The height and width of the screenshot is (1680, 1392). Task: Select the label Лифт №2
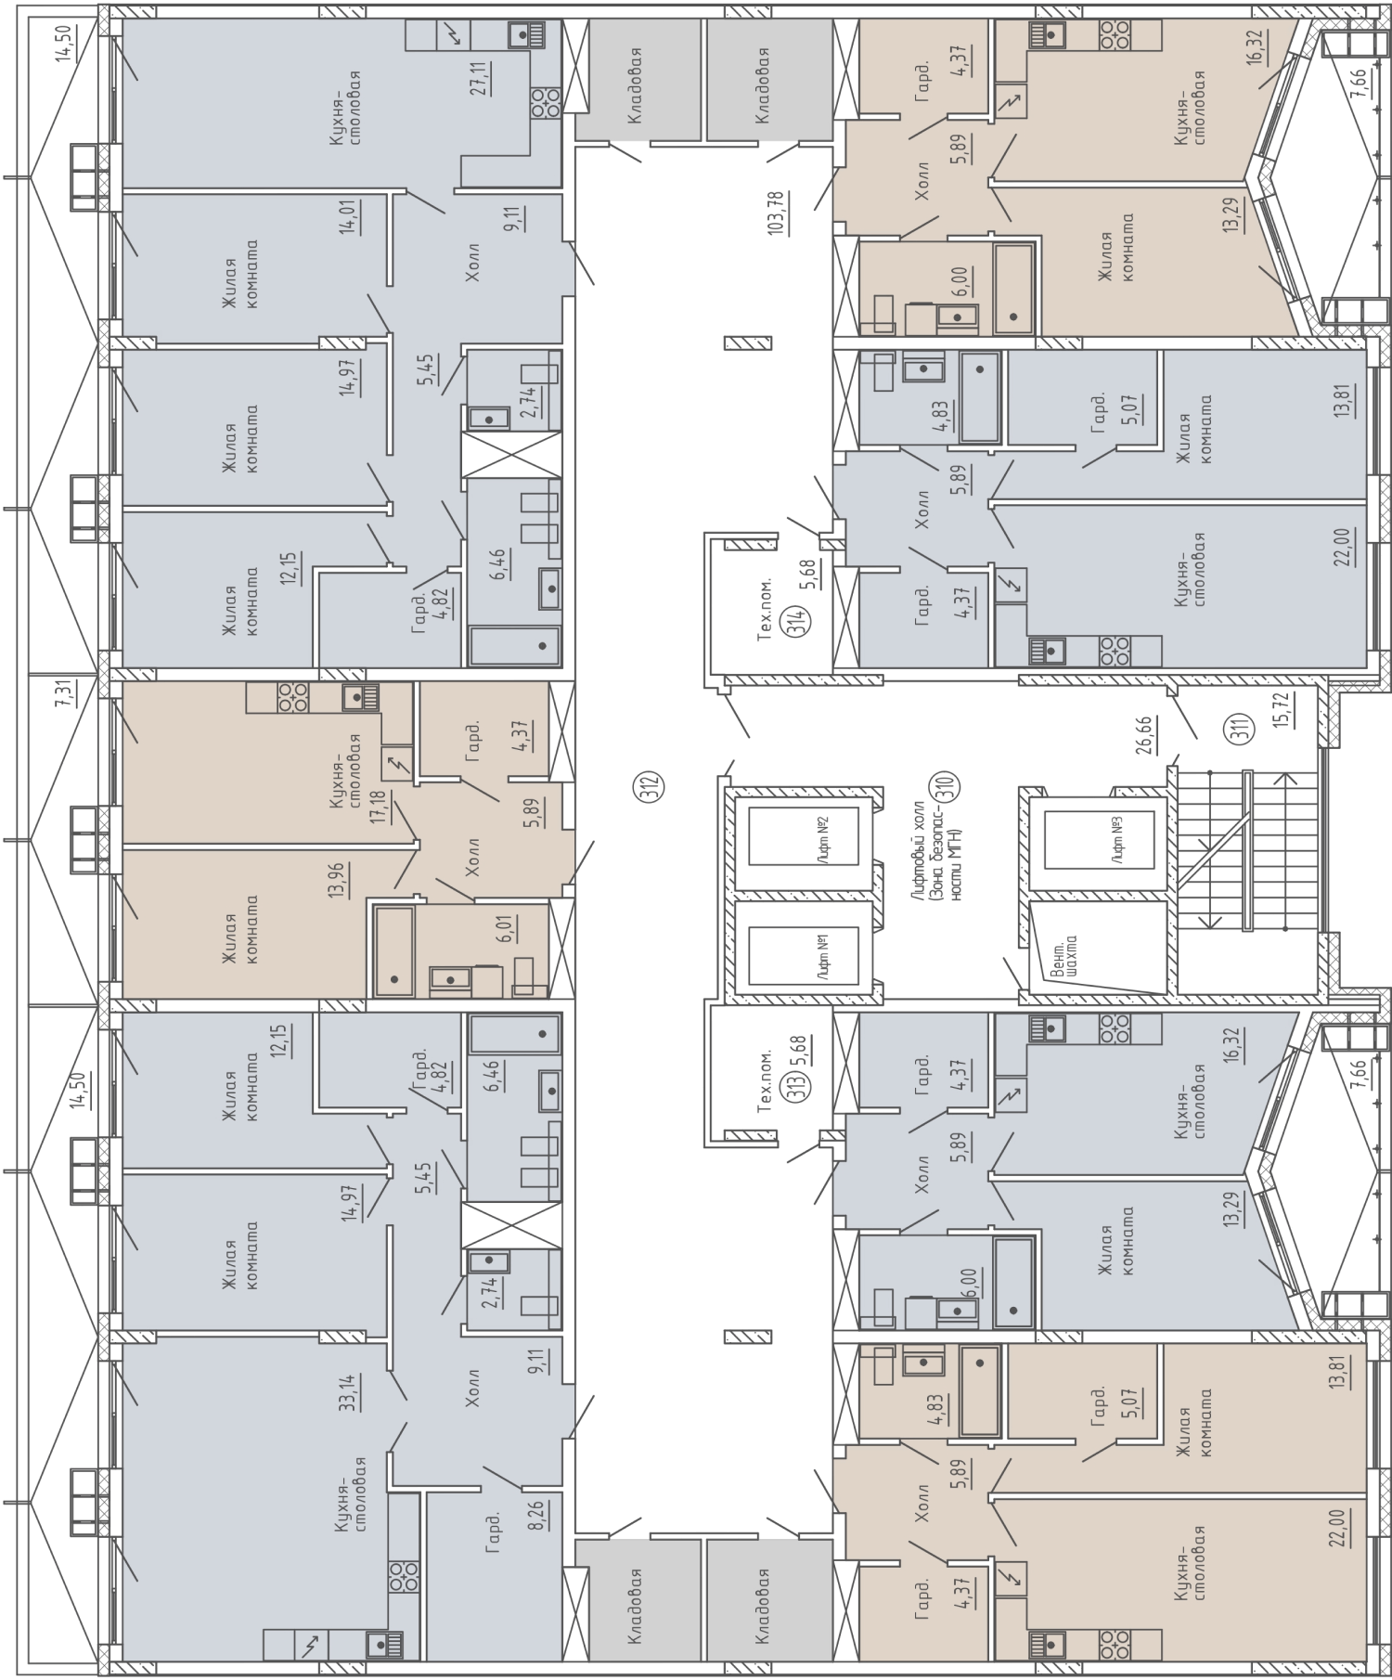(x=823, y=839)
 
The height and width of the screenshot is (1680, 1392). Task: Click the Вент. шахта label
(x=1064, y=956)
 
